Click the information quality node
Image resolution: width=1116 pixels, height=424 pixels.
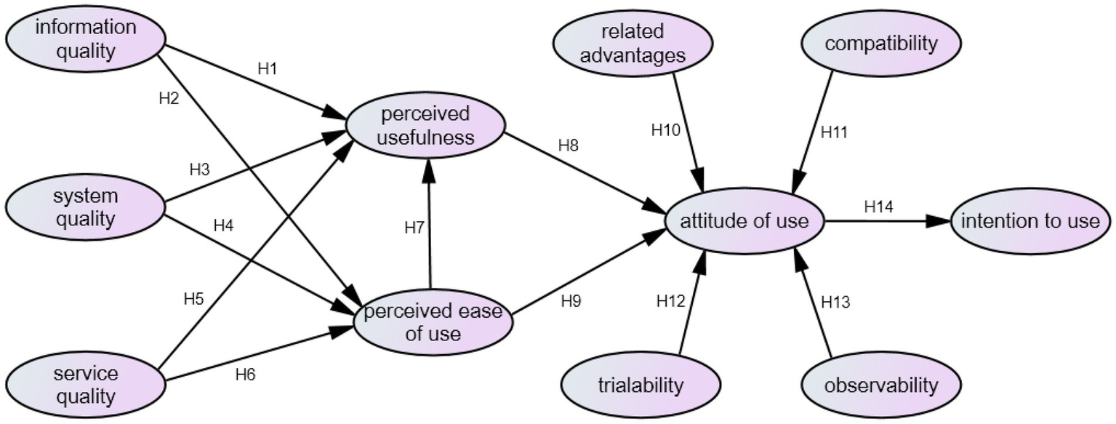[86, 39]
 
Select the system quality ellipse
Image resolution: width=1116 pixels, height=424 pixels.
[85, 207]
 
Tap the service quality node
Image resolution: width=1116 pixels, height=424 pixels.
[85, 385]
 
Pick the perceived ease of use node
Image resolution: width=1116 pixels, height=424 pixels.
[433, 321]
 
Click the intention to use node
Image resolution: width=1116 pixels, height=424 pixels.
[1030, 221]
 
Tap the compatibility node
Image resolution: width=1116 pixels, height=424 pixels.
[881, 43]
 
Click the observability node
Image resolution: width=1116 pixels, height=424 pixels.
[881, 385]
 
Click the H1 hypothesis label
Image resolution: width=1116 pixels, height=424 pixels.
[268, 69]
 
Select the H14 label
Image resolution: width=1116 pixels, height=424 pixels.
[878, 206]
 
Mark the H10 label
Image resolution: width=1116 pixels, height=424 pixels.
[665, 130]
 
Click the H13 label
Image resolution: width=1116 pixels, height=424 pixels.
[835, 300]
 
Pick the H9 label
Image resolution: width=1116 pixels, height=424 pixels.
[571, 300]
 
